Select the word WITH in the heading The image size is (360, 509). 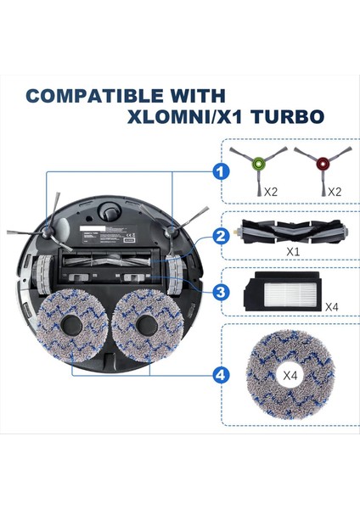[196, 94]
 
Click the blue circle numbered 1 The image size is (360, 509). [221, 172]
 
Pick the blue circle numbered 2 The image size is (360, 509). [221, 237]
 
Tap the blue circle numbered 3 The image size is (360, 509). [221, 292]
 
